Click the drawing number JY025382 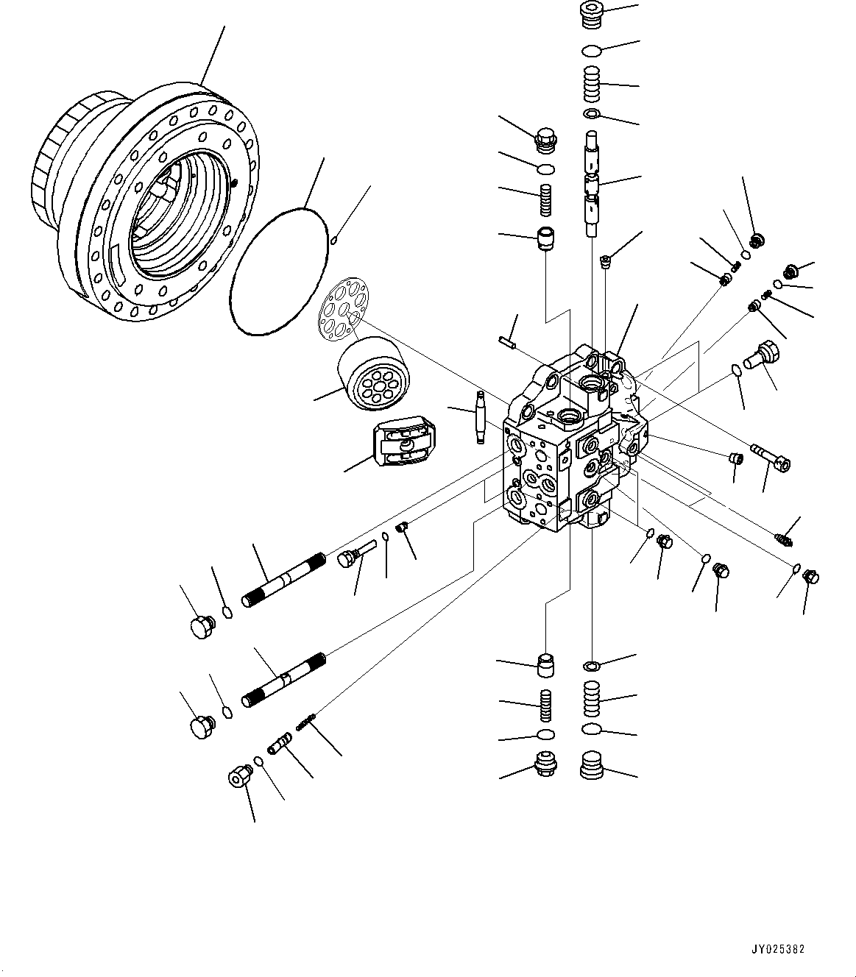(x=778, y=948)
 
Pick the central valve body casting (x=570, y=441)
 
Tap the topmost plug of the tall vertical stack (x=592, y=15)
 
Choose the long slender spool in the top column (x=593, y=183)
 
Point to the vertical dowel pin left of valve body (x=479, y=416)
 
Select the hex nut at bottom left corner (x=239, y=776)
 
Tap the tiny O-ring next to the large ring (x=333, y=238)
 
